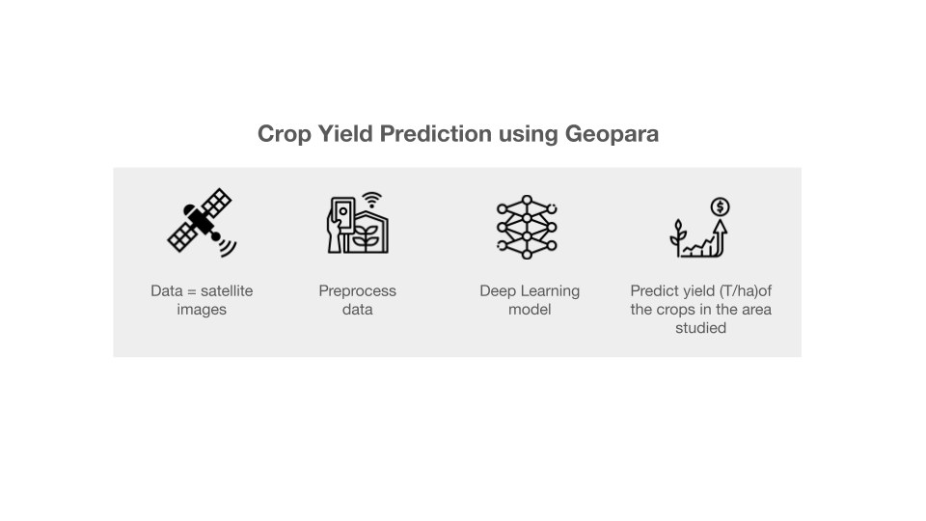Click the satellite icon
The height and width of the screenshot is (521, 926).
coord(202,223)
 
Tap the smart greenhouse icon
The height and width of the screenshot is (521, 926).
coord(358,223)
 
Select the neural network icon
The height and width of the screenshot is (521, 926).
coord(527,228)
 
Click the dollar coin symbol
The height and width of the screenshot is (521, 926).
coord(720,206)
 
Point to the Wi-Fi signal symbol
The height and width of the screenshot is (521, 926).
coord(372,200)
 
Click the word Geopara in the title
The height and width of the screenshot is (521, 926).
coord(612,134)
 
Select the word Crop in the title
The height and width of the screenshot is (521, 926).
coord(284,134)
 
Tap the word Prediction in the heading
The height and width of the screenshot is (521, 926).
coord(436,133)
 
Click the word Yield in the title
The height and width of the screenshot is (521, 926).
coord(345,133)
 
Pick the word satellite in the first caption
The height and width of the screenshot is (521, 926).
coord(227,290)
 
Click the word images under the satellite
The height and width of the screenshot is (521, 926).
coord(202,310)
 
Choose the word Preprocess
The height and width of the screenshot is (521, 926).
coord(357,291)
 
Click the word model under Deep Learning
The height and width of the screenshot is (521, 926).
coord(530,309)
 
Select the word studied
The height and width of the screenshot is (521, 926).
coord(701,328)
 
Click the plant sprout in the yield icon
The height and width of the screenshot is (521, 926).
coord(678,237)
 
